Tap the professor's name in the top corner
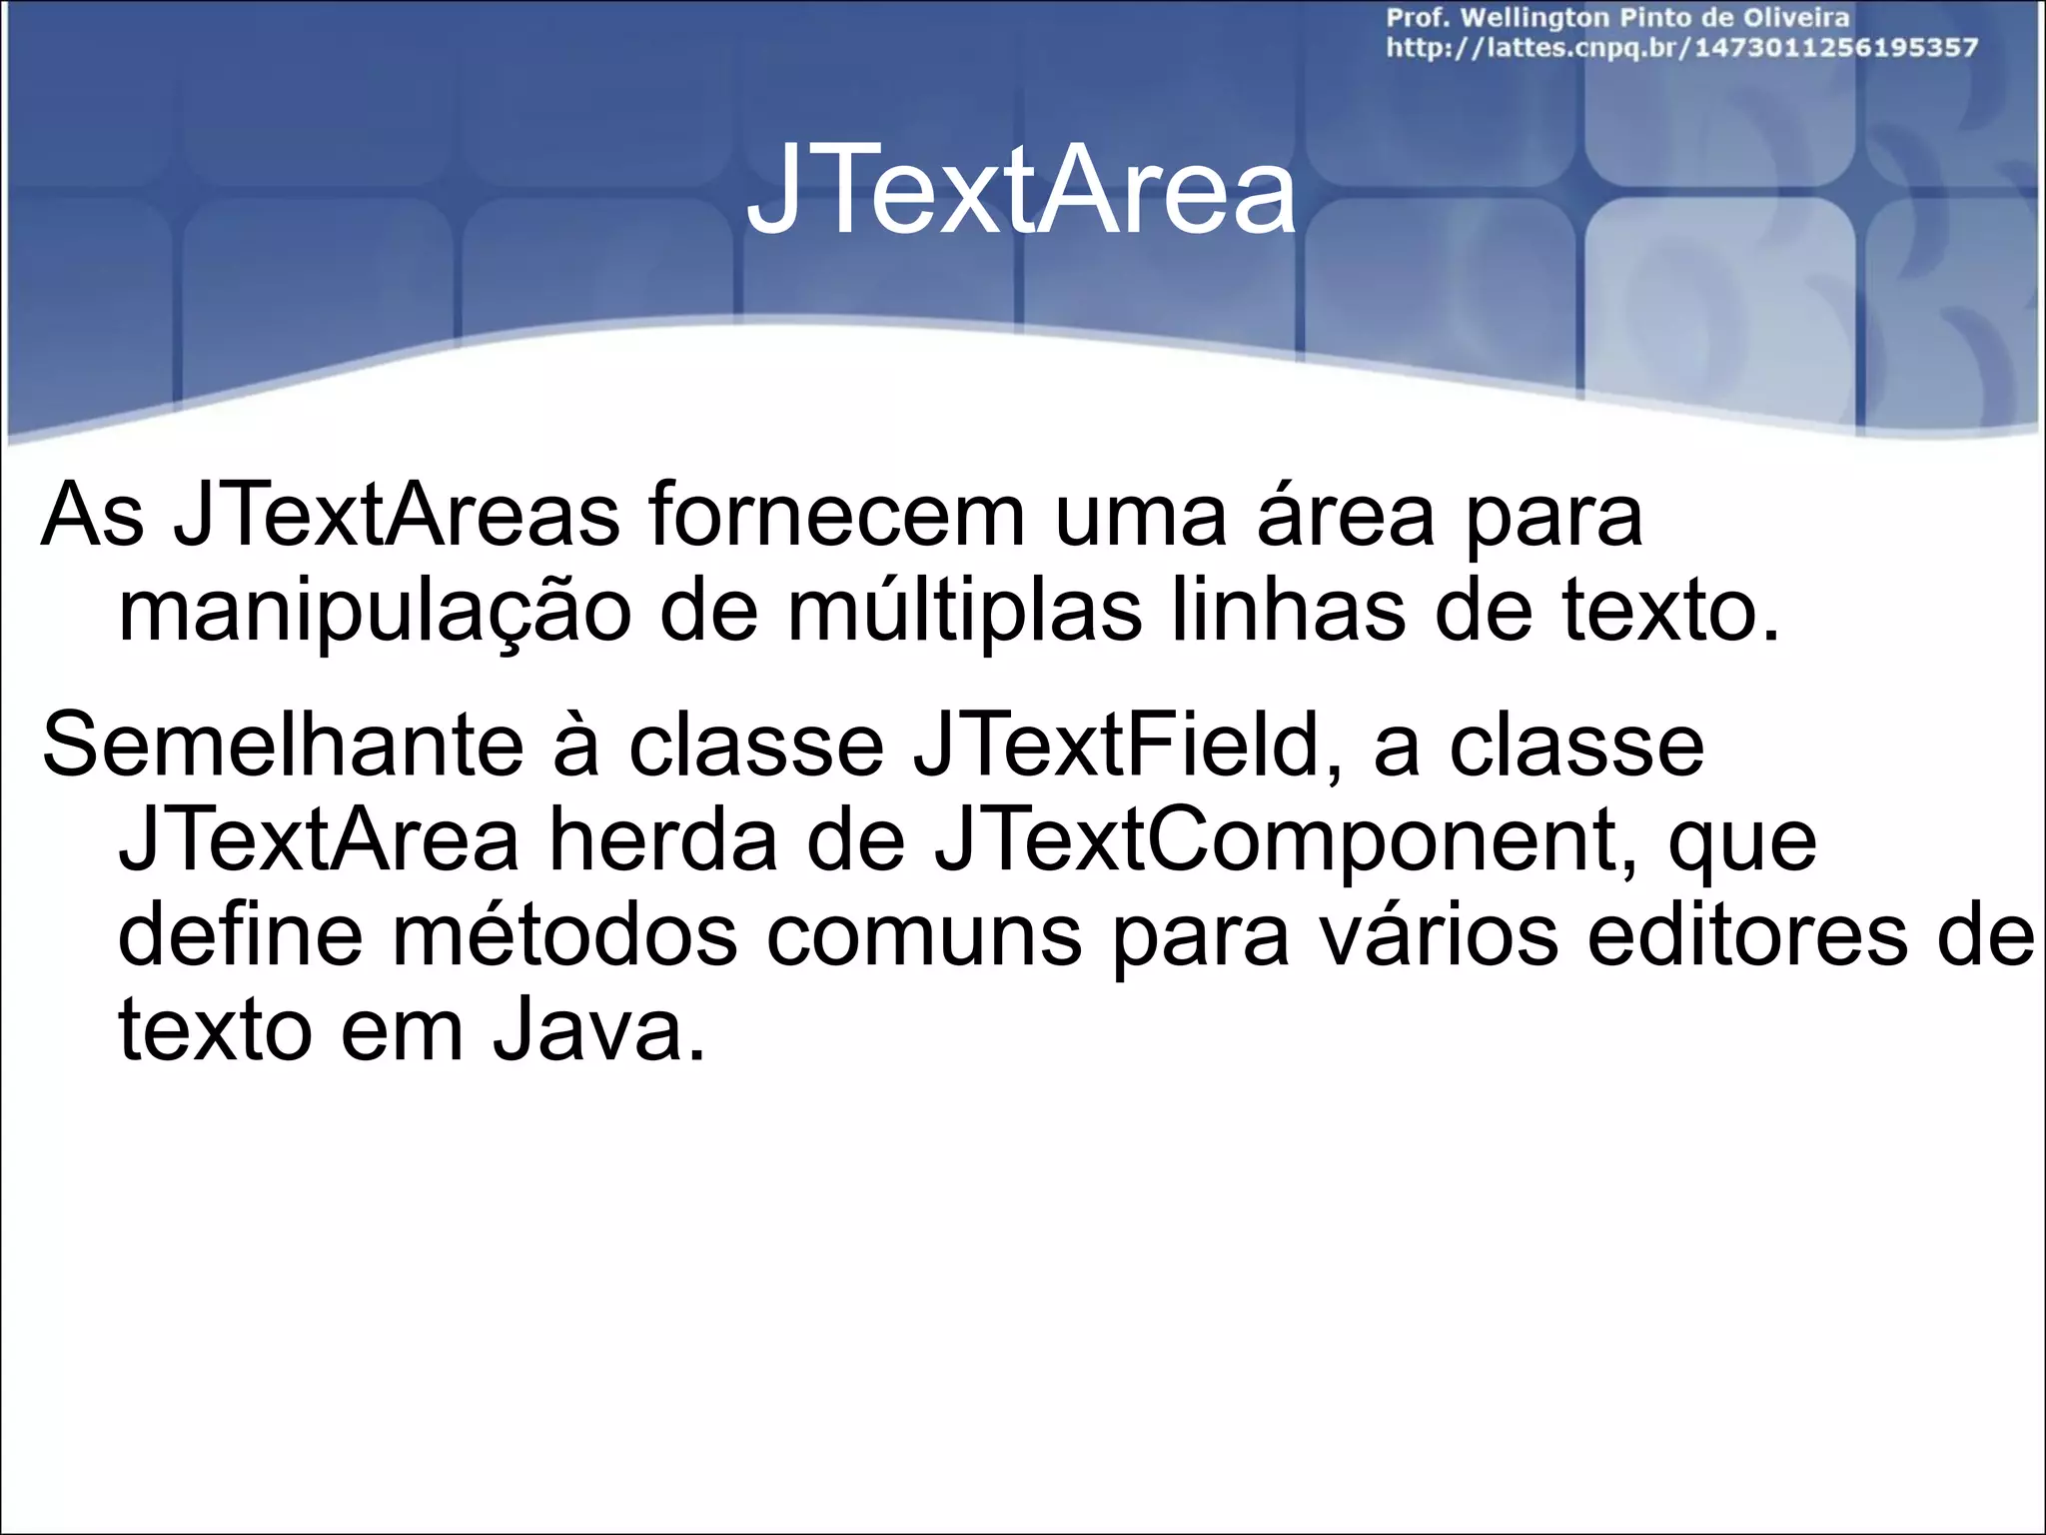click(1616, 18)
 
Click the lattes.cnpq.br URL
click(1680, 48)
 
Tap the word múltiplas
click(965, 612)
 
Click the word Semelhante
click(283, 746)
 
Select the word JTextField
click(1115, 746)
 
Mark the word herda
click(662, 841)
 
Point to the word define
click(240, 935)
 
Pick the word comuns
click(925, 937)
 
